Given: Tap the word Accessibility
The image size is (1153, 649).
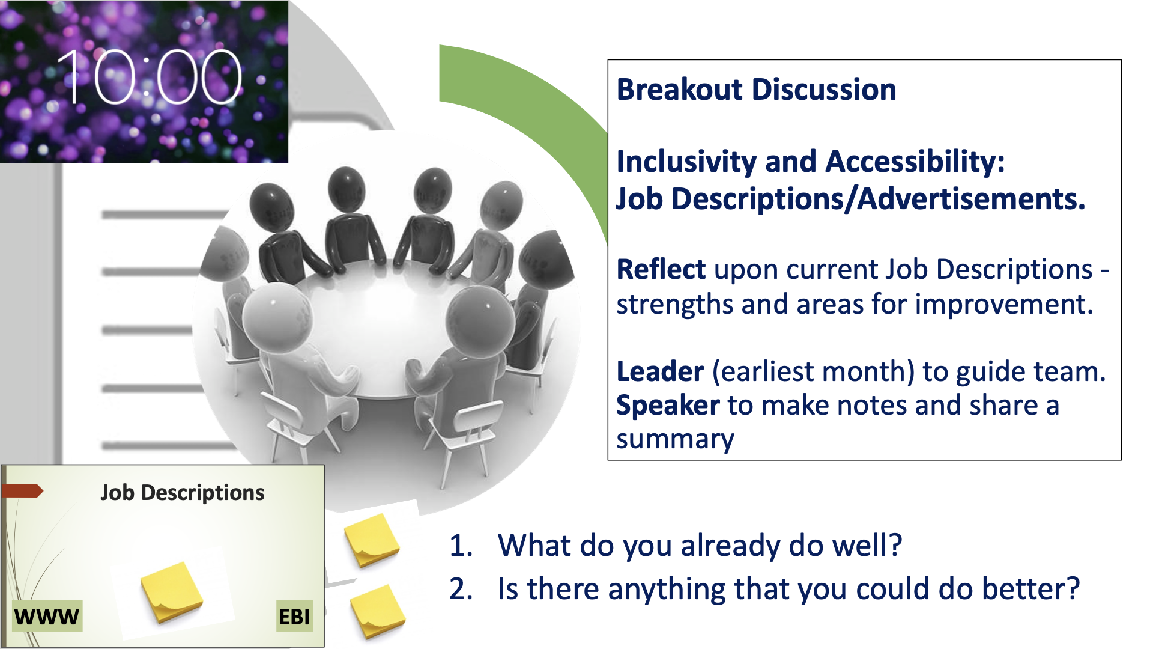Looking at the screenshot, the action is click(x=915, y=162).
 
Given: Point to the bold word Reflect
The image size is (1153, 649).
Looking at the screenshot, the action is click(x=661, y=269).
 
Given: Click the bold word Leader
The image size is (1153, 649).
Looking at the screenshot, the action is click(x=660, y=371).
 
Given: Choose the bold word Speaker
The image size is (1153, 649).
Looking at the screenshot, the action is click(x=668, y=406).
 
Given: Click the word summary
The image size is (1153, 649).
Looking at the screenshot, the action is click(x=675, y=440).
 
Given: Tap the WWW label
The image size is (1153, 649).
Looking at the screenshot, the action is click(x=47, y=617).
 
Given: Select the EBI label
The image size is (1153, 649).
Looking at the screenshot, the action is click(x=294, y=617).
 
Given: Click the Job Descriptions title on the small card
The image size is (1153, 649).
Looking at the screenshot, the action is click(x=183, y=493).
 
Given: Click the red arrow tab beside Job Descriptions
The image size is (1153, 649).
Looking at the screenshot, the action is click(x=23, y=491).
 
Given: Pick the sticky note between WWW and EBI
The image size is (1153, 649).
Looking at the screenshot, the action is click(x=172, y=592).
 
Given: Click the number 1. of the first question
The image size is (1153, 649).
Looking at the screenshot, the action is click(x=461, y=546).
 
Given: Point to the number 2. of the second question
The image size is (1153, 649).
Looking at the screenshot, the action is click(x=461, y=589).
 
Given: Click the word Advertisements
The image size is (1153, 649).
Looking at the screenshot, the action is click(x=971, y=199).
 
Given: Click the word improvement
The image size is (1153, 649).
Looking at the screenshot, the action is click(x=1003, y=304).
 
